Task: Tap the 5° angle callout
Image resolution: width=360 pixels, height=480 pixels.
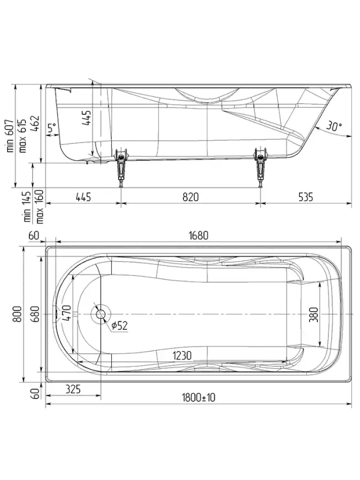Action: point(52,128)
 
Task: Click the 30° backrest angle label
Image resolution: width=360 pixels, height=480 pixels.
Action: point(333,126)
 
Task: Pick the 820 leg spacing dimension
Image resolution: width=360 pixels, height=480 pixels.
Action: point(190,196)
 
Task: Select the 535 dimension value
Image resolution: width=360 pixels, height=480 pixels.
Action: point(305,196)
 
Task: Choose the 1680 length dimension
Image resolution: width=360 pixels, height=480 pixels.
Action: point(198,235)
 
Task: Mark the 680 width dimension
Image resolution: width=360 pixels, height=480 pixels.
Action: point(35,315)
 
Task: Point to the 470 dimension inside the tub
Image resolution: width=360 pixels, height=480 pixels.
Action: point(66,315)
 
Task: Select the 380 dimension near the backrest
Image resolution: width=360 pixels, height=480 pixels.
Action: point(313,315)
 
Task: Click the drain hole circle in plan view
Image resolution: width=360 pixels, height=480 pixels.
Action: point(101,314)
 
